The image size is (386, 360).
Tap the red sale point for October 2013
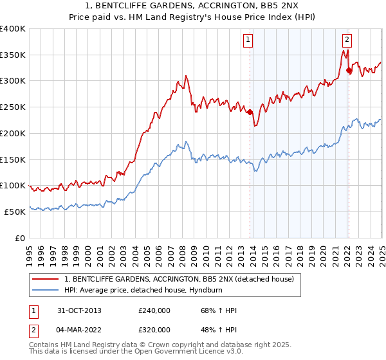click(x=250, y=112)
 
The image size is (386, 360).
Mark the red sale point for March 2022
click(x=348, y=70)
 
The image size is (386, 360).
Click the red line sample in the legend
click(x=45, y=279)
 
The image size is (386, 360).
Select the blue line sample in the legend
click(x=45, y=290)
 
